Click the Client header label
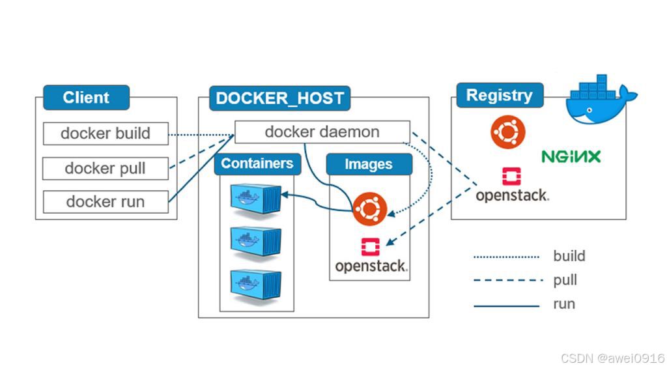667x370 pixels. click(86, 98)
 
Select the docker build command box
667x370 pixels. click(106, 134)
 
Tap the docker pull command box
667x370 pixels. click(106, 168)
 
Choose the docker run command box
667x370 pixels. click(106, 201)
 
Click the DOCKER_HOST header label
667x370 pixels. click(279, 98)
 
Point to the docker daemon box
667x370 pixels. click(322, 132)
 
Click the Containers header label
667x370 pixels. click(257, 164)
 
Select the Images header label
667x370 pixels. click(369, 165)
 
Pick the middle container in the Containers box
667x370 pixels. click(255, 240)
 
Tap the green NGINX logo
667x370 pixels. click(571, 156)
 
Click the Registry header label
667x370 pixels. click(499, 96)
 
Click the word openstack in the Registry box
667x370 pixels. click(512, 195)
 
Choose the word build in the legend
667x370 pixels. click(569, 256)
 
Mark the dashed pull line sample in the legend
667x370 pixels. click(508, 281)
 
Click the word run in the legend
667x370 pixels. click(564, 304)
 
